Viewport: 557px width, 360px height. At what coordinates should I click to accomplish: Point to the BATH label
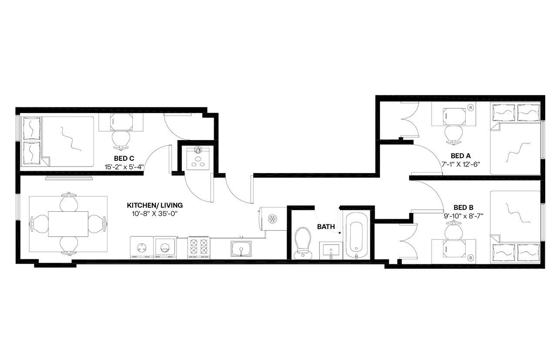(x=325, y=227)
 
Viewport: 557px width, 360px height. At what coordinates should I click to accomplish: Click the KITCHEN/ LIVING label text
(x=154, y=205)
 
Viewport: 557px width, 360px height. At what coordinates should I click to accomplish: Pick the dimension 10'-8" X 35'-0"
(x=154, y=213)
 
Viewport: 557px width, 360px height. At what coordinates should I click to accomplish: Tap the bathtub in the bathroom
(x=356, y=236)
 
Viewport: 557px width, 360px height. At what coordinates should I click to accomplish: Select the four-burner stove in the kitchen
(x=199, y=248)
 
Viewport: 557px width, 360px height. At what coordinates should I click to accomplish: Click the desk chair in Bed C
(x=121, y=138)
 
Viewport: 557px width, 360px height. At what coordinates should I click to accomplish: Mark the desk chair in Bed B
(x=454, y=228)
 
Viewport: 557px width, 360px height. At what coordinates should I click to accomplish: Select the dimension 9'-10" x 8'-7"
(x=463, y=216)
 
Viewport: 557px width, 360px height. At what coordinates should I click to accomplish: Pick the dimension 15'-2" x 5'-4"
(x=124, y=167)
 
